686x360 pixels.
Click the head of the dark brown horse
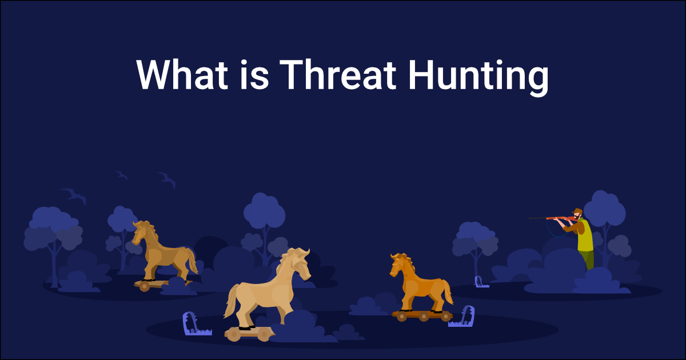141,231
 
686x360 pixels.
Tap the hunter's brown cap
578,210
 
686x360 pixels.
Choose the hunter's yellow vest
585,237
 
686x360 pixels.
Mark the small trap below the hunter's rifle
481,281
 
